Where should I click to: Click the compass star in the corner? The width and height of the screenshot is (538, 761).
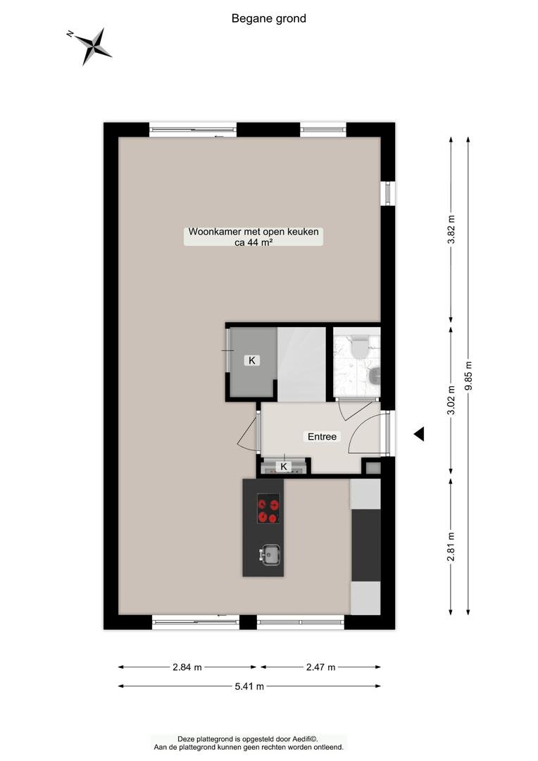(92, 46)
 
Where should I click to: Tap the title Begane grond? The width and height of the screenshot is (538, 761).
(269, 18)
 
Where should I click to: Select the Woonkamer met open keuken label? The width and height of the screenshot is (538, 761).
(254, 232)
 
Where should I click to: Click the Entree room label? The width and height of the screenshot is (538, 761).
(322, 437)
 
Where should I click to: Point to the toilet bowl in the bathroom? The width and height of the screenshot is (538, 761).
(359, 347)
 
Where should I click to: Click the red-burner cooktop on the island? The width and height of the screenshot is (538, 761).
(268, 509)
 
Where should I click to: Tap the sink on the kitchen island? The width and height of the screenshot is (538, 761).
(270, 555)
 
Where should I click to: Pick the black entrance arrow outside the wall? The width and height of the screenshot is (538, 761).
(419, 434)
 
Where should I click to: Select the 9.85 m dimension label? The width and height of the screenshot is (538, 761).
(468, 376)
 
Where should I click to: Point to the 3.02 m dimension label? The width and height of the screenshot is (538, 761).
(451, 400)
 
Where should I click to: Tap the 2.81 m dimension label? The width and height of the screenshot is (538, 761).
(451, 546)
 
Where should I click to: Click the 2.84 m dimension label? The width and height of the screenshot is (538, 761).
(187, 667)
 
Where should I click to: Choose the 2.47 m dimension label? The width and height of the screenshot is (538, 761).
(320, 667)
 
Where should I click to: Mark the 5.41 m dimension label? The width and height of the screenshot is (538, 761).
(249, 686)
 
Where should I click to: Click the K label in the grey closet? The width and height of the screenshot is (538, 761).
(252, 361)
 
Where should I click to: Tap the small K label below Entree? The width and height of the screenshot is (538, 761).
(284, 467)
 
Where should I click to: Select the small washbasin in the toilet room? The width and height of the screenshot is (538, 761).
(374, 375)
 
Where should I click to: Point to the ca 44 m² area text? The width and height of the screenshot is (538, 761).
(254, 242)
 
